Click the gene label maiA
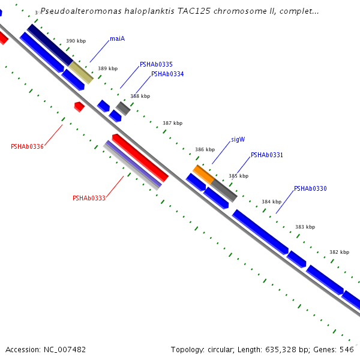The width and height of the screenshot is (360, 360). [x=117, y=39]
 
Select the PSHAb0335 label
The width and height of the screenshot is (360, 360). [x=156, y=64]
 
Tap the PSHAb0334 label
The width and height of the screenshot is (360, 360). [x=167, y=74]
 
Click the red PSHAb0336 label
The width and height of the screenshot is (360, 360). [x=27, y=146]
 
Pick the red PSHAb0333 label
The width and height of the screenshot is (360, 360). [x=89, y=198]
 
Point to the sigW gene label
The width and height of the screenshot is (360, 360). [x=238, y=139]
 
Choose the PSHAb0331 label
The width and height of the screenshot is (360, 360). [x=266, y=155]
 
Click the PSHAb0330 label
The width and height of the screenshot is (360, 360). [x=310, y=189]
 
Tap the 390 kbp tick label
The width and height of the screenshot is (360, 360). [x=76, y=41]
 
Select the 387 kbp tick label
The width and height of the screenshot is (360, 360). [x=172, y=123]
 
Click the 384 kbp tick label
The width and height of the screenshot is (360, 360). [x=271, y=202]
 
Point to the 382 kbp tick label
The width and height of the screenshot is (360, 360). [x=339, y=253]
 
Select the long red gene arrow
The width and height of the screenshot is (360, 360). [x=140, y=161]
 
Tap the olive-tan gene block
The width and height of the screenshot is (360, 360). [x=82, y=72]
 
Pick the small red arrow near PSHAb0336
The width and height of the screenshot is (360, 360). [x=79, y=106]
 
